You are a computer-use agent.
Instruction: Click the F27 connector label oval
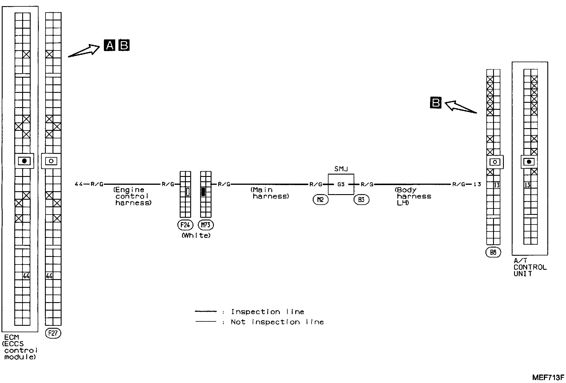point(53,333)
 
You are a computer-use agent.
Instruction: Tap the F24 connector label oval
point(185,225)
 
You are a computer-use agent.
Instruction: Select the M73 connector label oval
point(206,225)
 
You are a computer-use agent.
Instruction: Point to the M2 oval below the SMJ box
point(320,200)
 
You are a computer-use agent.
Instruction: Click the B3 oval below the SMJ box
point(361,200)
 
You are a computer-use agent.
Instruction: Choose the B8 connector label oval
point(493,252)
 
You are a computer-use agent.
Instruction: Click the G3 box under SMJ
point(341,184)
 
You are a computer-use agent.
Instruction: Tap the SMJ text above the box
point(341,169)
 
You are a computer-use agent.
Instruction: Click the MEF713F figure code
point(548,377)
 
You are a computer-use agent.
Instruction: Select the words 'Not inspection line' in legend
point(277,322)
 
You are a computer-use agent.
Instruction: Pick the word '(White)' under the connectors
point(196,235)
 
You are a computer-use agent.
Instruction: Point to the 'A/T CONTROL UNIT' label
point(530,267)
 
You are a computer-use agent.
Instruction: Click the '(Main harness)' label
point(270,193)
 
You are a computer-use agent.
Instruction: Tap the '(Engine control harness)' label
point(132,196)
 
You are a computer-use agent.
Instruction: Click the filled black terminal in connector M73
point(203,192)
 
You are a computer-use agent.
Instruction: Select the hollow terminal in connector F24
point(188,192)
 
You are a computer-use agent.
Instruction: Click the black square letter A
point(109,46)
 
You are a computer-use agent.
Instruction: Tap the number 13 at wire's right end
point(477,184)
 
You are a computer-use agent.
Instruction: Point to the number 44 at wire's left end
point(78,184)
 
